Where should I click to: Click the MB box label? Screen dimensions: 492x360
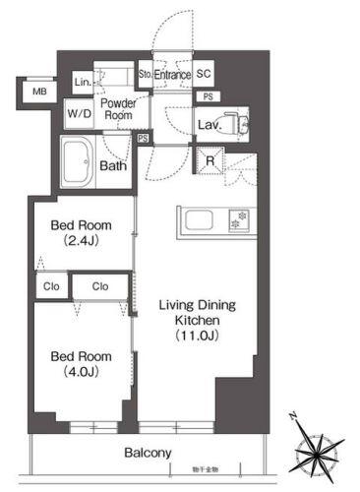pos(40,92)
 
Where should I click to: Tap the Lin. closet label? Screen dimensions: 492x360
pos(83,83)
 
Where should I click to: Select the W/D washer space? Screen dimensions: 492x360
pos(79,113)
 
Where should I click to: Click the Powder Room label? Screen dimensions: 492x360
pos(118,108)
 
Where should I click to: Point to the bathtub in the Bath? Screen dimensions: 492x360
pos(78,163)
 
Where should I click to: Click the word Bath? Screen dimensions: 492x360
pos(113,165)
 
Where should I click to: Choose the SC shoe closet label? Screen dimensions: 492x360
pos(204,73)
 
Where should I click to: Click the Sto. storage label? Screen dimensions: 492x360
pos(144,73)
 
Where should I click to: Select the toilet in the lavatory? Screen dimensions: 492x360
pos(233,124)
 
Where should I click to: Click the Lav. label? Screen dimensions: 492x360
pos(207,125)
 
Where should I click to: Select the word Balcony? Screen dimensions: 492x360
pos(148,453)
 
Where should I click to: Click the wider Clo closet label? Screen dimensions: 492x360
pos(100,287)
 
